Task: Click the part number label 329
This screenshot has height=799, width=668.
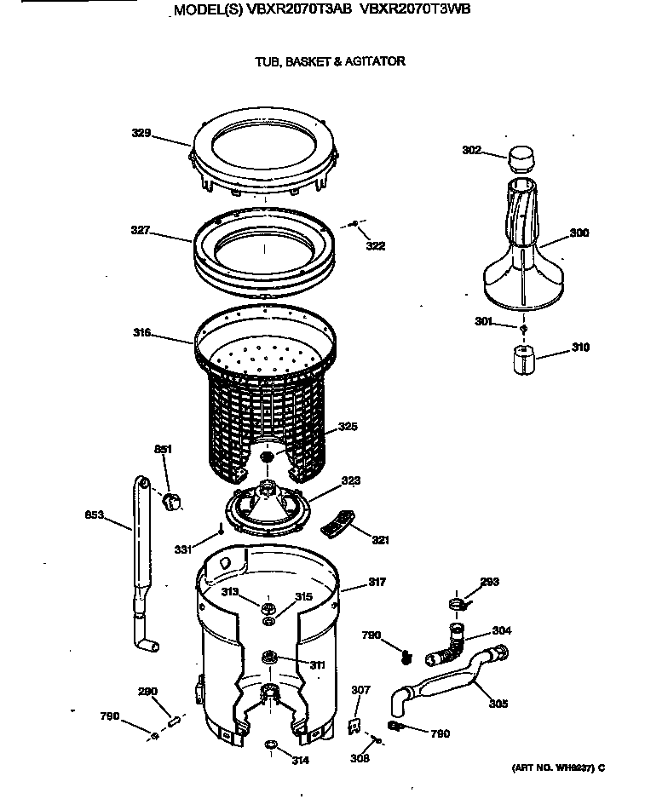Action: pos(141,133)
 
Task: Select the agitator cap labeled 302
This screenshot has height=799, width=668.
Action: pos(520,158)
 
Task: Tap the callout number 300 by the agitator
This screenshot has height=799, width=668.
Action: pos(579,233)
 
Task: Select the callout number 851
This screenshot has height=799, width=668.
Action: pos(163,449)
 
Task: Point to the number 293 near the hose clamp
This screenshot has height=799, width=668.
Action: pos(489,583)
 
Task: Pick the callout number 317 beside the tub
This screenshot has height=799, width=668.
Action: pos(377,583)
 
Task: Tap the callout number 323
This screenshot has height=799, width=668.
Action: pos(350,481)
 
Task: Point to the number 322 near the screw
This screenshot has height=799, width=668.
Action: pos(375,246)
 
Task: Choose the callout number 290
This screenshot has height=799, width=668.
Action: pos(147,691)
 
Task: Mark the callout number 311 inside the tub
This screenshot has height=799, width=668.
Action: pos(316,664)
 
